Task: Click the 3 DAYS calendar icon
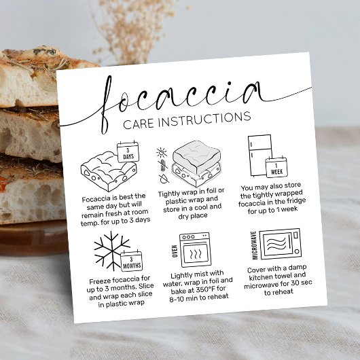click(x=127, y=154)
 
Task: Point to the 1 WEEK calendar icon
click(x=276, y=168)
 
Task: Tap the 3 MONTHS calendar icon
click(x=130, y=262)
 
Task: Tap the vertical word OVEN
click(x=175, y=252)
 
